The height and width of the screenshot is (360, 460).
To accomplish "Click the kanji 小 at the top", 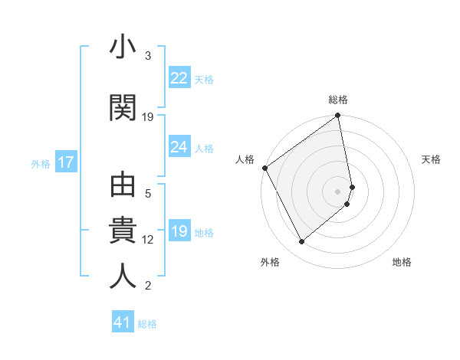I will pyautogui.click(x=123, y=49).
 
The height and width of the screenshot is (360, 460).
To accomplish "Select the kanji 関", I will pyautogui.click(x=123, y=108).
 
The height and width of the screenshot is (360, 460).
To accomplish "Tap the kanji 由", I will pyautogui.click(x=123, y=186).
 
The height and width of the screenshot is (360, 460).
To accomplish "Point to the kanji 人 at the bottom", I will pyautogui.click(x=123, y=277).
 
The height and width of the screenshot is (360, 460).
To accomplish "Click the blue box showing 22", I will pyautogui.click(x=179, y=77).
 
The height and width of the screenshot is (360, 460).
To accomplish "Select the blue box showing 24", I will pyautogui.click(x=179, y=147).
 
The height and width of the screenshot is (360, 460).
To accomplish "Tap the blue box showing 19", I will pyautogui.click(x=179, y=232).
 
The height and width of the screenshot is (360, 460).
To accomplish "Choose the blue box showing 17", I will pyautogui.click(x=65, y=162).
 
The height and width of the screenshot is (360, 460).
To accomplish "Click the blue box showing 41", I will pyautogui.click(x=123, y=322).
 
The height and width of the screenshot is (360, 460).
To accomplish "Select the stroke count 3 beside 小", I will pyautogui.click(x=148, y=56).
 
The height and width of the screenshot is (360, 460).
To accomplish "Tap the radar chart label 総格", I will pyautogui.click(x=338, y=100).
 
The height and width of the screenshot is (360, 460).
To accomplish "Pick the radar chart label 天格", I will pyautogui.click(x=431, y=159).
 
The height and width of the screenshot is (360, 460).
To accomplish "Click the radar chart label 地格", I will pyautogui.click(x=402, y=262).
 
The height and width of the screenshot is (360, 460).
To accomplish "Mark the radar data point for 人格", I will pyautogui.click(x=264, y=168).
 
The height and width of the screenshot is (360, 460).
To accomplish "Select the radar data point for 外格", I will pyautogui.click(x=301, y=242).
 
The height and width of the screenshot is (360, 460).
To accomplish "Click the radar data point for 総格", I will pyautogui.click(x=338, y=116).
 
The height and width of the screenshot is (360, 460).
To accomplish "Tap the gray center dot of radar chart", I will pyautogui.click(x=338, y=191).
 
